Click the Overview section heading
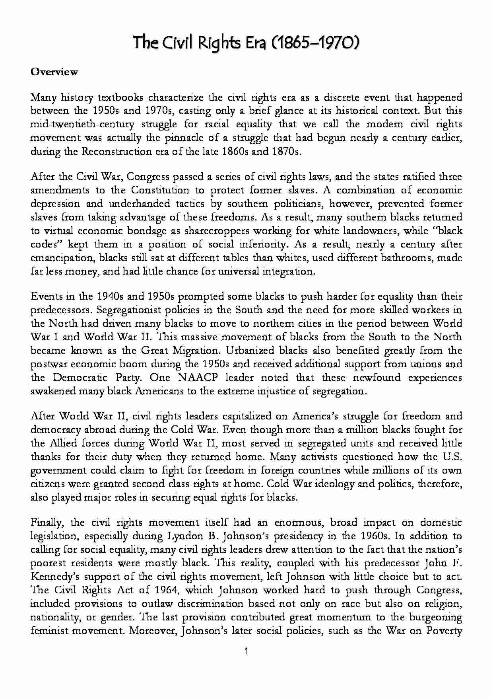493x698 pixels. click(54, 72)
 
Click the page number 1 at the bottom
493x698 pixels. click(246, 651)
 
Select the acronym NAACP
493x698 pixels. click(198, 378)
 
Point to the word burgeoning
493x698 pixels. click(435, 617)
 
